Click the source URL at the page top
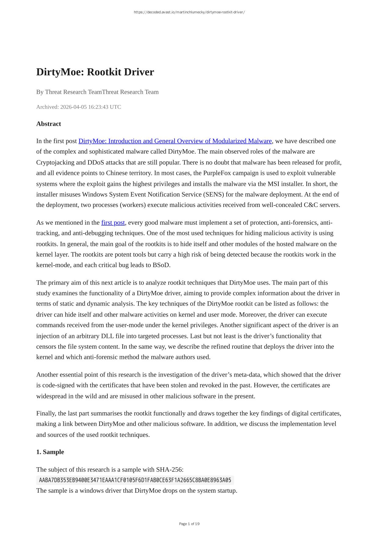(189, 12)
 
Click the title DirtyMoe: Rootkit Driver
(95, 72)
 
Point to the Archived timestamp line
(78, 107)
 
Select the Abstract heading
(49, 124)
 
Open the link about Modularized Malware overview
(175, 141)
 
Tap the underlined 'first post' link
(113, 223)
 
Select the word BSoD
(161, 265)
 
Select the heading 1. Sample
(50, 452)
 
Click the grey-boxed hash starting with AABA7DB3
(135, 480)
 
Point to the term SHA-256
(169, 469)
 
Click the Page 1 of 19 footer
(189, 524)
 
